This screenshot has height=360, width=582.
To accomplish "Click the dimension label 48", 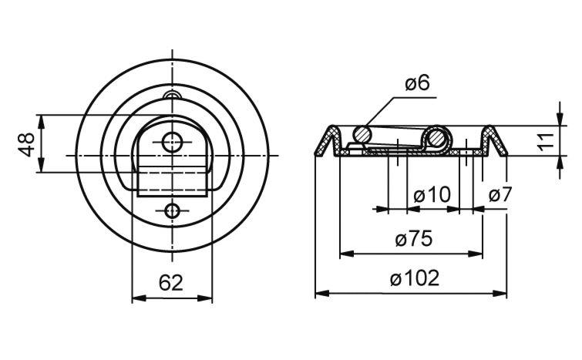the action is coord(27,144).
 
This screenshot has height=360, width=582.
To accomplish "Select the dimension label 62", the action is coord(171,283).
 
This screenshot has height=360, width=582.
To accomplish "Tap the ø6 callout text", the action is coord(417,82).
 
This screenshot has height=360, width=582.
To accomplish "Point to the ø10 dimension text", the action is coord(432,194).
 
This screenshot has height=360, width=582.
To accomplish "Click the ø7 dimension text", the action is coord(500,194).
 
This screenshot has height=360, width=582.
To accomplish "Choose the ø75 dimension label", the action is coord(414,239).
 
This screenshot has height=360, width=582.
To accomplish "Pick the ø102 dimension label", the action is coord(415,278).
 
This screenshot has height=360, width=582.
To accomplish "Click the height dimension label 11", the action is coord(546,141).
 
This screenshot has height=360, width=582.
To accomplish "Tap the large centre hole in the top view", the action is coord(172,142).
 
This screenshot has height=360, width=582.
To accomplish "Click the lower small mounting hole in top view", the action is coord(172,211).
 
